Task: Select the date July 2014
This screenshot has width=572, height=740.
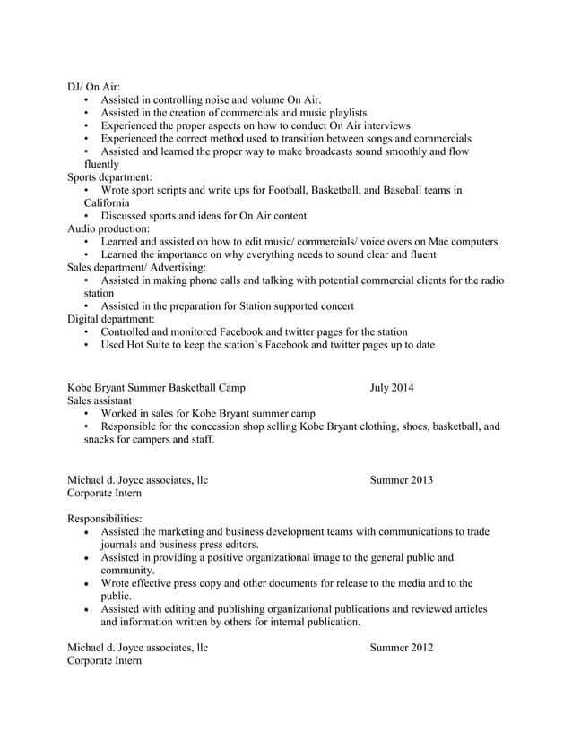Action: (x=391, y=388)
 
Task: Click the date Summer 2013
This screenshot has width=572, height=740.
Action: (x=401, y=480)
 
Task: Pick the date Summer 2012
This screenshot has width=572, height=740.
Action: (x=401, y=648)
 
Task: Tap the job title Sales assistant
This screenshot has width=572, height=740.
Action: (x=100, y=400)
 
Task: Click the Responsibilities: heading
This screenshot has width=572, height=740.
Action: (x=104, y=519)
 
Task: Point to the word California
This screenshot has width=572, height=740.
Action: (x=107, y=203)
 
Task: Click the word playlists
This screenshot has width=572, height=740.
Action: (x=341, y=113)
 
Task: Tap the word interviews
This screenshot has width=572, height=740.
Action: (x=385, y=125)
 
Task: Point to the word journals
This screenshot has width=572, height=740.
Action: (x=121, y=544)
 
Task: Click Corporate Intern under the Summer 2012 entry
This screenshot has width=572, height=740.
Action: (x=104, y=660)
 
